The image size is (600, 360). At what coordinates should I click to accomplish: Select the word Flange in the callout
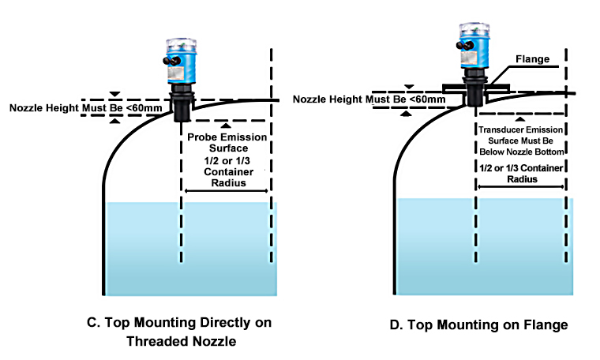click(x=531, y=59)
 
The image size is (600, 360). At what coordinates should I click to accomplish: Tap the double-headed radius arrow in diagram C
click(x=224, y=190)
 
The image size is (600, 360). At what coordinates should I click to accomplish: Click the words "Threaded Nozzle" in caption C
click(x=182, y=341)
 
